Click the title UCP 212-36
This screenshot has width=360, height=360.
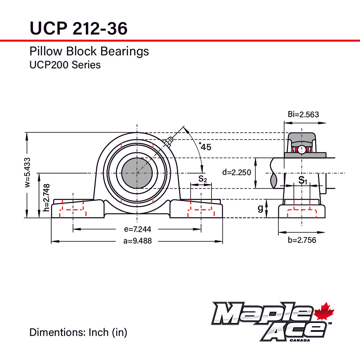click(78, 28)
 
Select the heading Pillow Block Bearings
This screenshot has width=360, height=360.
click(89, 51)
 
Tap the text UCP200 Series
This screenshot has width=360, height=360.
click(65, 65)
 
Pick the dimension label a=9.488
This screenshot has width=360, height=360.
click(137, 241)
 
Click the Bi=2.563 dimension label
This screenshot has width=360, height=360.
click(303, 115)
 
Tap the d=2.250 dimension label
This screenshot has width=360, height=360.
click(236, 172)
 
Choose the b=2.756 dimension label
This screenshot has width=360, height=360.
click(302, 240)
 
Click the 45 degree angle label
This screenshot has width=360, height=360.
click(205, 147)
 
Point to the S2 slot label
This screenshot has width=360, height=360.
click(202, 178)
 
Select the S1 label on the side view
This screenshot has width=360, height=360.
click(303, 180)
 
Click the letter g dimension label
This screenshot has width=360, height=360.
click(260, 209)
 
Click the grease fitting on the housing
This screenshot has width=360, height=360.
click(167, 142)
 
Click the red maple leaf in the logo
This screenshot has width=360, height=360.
click(324, 311)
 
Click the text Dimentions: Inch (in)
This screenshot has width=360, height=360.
click(78, 332)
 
